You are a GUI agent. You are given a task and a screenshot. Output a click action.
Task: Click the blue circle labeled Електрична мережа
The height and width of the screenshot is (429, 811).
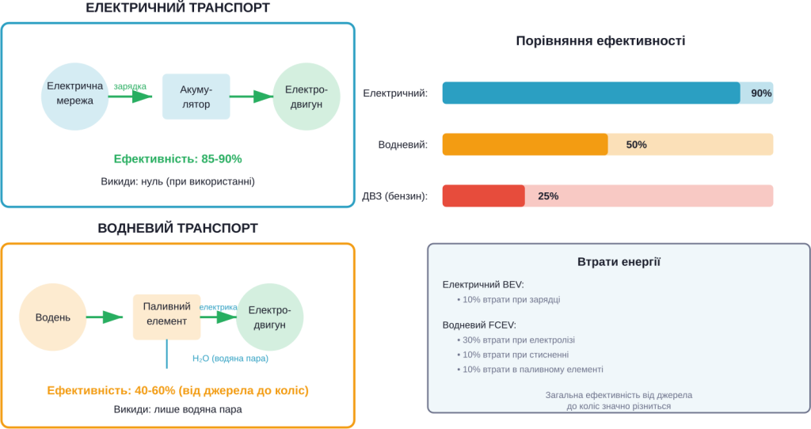pos(74,94)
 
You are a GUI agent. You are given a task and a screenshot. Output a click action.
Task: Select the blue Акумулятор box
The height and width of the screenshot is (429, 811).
pos(196,97)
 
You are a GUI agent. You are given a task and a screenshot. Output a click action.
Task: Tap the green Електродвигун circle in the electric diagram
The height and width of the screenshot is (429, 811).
pos(306,97)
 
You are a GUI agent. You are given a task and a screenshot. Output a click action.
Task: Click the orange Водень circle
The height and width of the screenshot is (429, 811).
pos(52,317)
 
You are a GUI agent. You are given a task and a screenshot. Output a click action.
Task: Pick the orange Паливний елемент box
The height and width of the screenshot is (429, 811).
pos(166,316)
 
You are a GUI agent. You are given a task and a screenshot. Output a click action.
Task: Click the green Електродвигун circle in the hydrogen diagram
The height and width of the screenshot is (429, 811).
pos(269,317)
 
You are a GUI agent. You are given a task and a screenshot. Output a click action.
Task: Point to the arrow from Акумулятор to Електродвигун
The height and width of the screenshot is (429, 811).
pos(252,97)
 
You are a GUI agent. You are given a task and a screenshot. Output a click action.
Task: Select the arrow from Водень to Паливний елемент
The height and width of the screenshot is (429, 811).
pos(105,317)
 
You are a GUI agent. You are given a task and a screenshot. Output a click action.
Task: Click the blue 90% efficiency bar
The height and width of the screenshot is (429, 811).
pos(607,93)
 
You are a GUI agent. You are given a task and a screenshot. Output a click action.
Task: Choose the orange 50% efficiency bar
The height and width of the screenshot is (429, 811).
pos(607,144)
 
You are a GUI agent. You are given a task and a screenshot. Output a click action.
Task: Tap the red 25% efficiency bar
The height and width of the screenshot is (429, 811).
pos(607,196)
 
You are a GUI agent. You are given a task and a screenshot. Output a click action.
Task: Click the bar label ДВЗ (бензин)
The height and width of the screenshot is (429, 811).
pos(394,196)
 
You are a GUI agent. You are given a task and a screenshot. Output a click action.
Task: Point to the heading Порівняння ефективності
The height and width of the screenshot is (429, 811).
pos(600,41)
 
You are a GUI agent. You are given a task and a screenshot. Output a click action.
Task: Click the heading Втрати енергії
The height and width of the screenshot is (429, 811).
pos(619,262)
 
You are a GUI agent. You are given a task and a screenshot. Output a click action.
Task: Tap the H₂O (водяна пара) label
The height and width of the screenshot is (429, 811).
pos(230,359)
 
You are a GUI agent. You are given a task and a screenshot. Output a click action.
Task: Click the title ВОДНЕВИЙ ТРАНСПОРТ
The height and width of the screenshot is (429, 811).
pos(177,228)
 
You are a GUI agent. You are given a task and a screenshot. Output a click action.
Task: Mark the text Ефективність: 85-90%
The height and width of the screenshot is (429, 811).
pos(177,159)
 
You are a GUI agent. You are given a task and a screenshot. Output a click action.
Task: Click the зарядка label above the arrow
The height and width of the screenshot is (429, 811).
pos(129,85)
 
